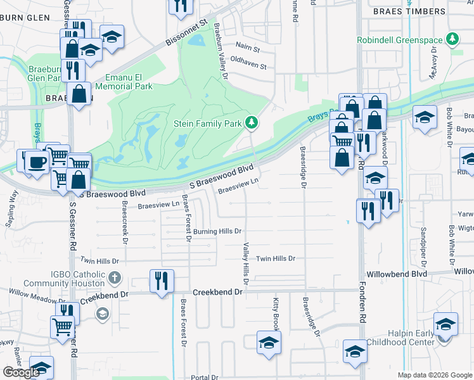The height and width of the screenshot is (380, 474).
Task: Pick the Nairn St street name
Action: [247, 48]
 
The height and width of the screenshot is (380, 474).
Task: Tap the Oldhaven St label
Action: [248, 65]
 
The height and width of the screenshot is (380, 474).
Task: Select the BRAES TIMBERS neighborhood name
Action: [409, 11]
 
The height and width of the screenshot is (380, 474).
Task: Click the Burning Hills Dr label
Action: [217, 232]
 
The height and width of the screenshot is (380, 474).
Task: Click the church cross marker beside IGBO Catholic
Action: [115, 277]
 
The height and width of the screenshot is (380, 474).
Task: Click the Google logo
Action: [22, 372]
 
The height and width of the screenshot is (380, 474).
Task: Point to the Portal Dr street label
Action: [204, 377]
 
